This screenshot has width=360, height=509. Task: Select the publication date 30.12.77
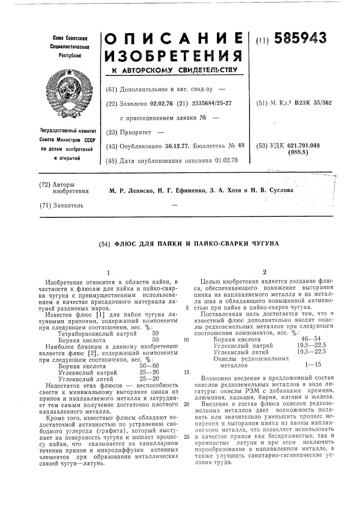[x=177, y=146]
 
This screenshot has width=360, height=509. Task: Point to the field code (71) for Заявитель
[x=46, y=205]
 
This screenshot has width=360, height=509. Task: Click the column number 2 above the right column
[x=264, y=272]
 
